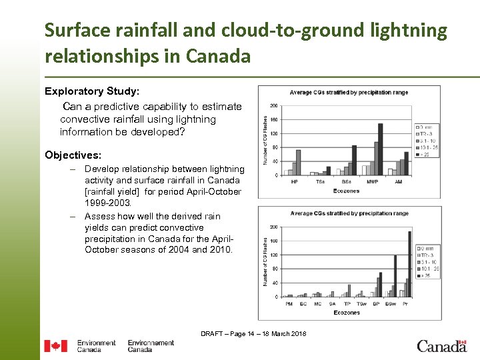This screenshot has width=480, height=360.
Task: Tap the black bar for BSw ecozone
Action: (395, 276)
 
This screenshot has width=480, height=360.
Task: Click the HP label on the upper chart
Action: (294, 182)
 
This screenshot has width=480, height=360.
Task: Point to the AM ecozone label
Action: (398, 182)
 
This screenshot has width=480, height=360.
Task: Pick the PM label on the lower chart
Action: (289, 304)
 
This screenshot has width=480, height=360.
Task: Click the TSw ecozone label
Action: (361, 304)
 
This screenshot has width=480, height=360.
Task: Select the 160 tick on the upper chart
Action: (273, 119)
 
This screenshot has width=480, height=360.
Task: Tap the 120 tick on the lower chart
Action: (273, 255)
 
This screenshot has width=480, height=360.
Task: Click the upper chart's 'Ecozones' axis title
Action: (346, 191)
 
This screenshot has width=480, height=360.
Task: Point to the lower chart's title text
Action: (349, 213)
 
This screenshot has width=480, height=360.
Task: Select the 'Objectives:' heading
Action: (73, 155)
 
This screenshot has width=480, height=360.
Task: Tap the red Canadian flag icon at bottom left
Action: (56, 346)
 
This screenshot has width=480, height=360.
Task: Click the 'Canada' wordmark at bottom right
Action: (442, 346)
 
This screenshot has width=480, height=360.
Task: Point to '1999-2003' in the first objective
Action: (107, 203)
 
